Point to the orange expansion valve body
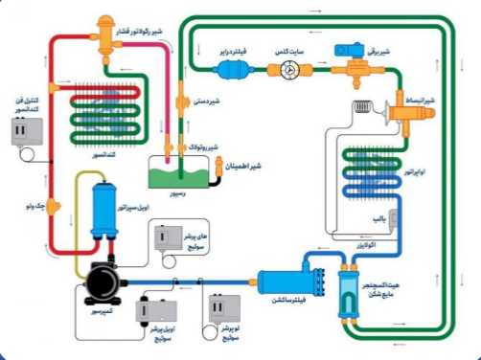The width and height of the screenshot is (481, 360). (x=397, y=110)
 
